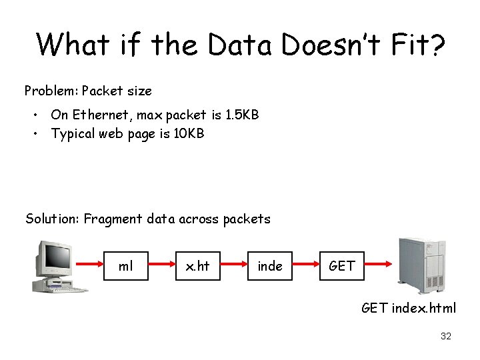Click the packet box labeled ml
point(125,266)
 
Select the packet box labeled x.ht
point(198,266)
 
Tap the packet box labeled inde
point(270,266)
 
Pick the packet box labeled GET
point(342,266)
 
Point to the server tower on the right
point(423,265)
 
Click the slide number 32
point(446,337)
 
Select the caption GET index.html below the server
point(409,308)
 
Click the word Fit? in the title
point(415,45)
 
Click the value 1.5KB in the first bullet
point(241,115)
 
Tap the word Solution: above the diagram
point(52,219)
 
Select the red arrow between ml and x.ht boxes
point(161,266)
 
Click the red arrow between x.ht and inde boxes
point(234,266)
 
